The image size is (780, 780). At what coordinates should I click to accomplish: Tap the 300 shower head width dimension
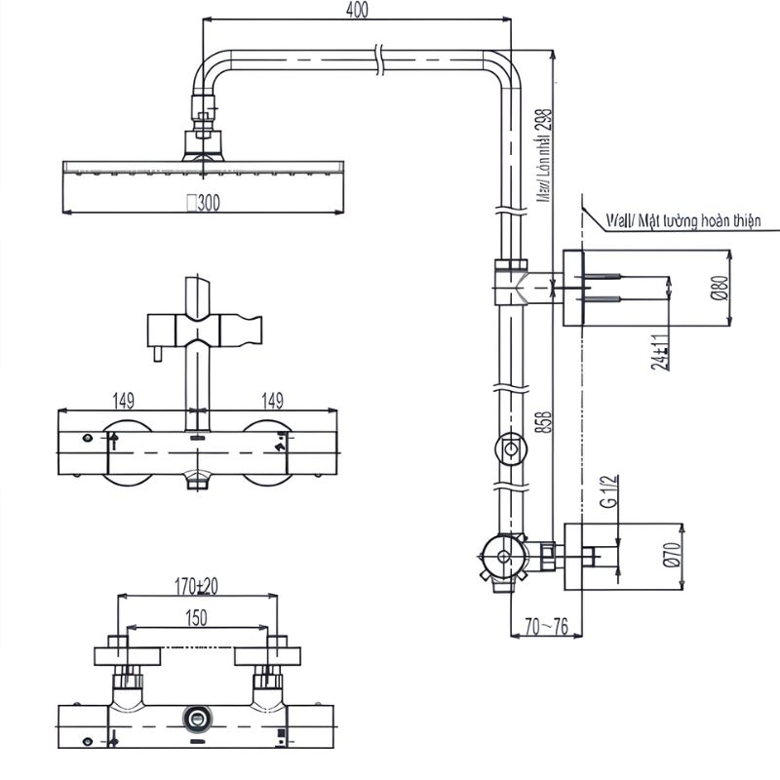(205, 203)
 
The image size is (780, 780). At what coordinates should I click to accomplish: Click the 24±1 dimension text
(660, 352)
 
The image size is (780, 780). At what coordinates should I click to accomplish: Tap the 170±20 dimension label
(196, 587)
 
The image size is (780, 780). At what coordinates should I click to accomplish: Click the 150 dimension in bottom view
(197, 617)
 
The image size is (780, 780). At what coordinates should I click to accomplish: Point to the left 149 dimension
(122, 401)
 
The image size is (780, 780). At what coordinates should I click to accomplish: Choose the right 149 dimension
(273, 401)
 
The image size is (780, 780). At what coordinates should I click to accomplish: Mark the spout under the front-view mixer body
(198, 478)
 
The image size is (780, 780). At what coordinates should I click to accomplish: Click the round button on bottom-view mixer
(198, 720)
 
